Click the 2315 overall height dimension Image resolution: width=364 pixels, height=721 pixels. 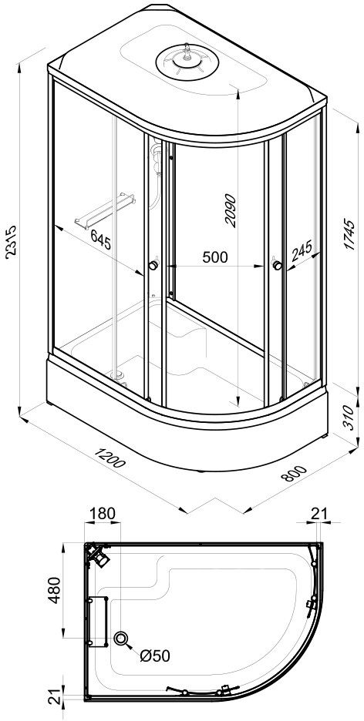coord(10,242)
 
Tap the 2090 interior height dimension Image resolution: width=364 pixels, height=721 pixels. coord(230,211)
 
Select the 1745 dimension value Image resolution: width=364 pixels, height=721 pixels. coord(350,234)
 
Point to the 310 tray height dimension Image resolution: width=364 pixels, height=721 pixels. coord(350,418)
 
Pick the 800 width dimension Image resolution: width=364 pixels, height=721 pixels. coord(293,474)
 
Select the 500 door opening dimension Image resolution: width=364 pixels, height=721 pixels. coord(215,257)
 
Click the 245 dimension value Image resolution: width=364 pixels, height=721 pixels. coord(302,250)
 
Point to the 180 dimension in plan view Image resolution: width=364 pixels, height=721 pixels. coord(102,514)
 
